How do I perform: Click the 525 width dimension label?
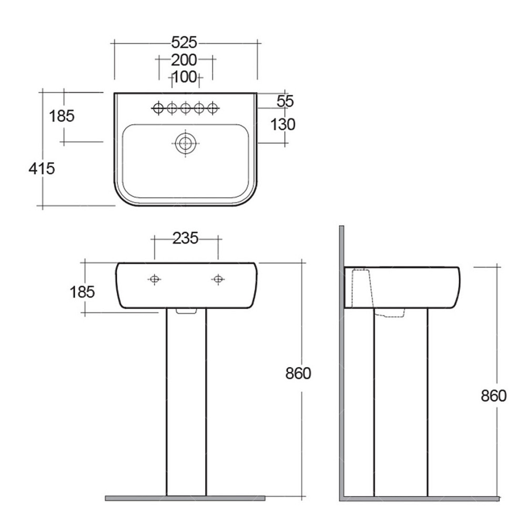(184, 43)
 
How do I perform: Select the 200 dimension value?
(184, 60)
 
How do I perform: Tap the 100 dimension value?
(185, 77)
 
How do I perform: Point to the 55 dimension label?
(285, 101)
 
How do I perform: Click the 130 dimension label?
(283, 124)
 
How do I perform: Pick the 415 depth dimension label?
(42, 168)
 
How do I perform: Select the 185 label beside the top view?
(62, 116)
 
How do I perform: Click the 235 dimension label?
(186, 238)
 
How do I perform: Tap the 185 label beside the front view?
(82, 292)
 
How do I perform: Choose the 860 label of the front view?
(298, 373)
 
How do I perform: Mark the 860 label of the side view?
(493, 395)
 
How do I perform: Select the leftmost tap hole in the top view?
(158, 108)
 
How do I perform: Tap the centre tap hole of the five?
(186, 108)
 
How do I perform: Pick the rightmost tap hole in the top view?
(212, 108)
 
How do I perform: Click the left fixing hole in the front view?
(155, 279)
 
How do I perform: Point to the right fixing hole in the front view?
(218, 279)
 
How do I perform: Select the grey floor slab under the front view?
(185, 498)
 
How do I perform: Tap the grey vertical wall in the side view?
(341, 363)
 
